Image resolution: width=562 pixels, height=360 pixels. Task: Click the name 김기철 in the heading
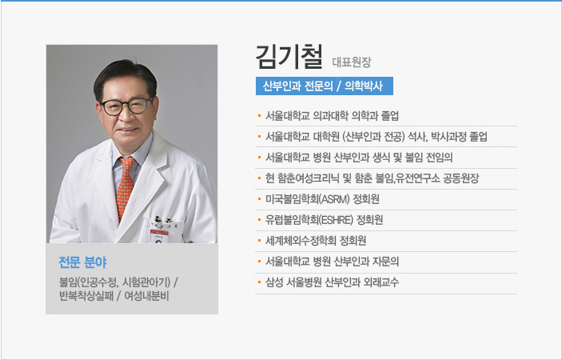(289, 57)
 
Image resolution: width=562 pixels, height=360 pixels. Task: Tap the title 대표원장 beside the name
(352, 62)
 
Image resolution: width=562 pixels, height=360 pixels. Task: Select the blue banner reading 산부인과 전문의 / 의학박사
(325, 86)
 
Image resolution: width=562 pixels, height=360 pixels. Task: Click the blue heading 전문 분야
(83, 262)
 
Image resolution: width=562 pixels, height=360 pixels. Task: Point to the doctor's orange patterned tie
(125, 186)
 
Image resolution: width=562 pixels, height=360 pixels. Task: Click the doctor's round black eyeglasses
(126, 106)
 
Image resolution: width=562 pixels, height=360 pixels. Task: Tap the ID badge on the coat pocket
(159, 235)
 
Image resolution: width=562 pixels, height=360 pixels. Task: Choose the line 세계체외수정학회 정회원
(316, 241)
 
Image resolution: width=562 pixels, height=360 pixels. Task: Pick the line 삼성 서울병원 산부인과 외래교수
(332, 282)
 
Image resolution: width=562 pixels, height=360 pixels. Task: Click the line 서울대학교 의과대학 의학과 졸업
(332, 116)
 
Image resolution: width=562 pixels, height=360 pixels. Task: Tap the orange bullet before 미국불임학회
(259, 198)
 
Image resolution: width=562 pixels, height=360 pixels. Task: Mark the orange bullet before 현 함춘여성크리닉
(259, 178)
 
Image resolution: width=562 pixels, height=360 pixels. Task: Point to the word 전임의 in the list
(440, 158)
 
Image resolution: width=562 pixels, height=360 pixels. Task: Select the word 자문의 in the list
(385, 262)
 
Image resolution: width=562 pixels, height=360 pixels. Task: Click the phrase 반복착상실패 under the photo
(86, 297)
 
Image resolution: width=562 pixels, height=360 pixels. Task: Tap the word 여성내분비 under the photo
(146, 297)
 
